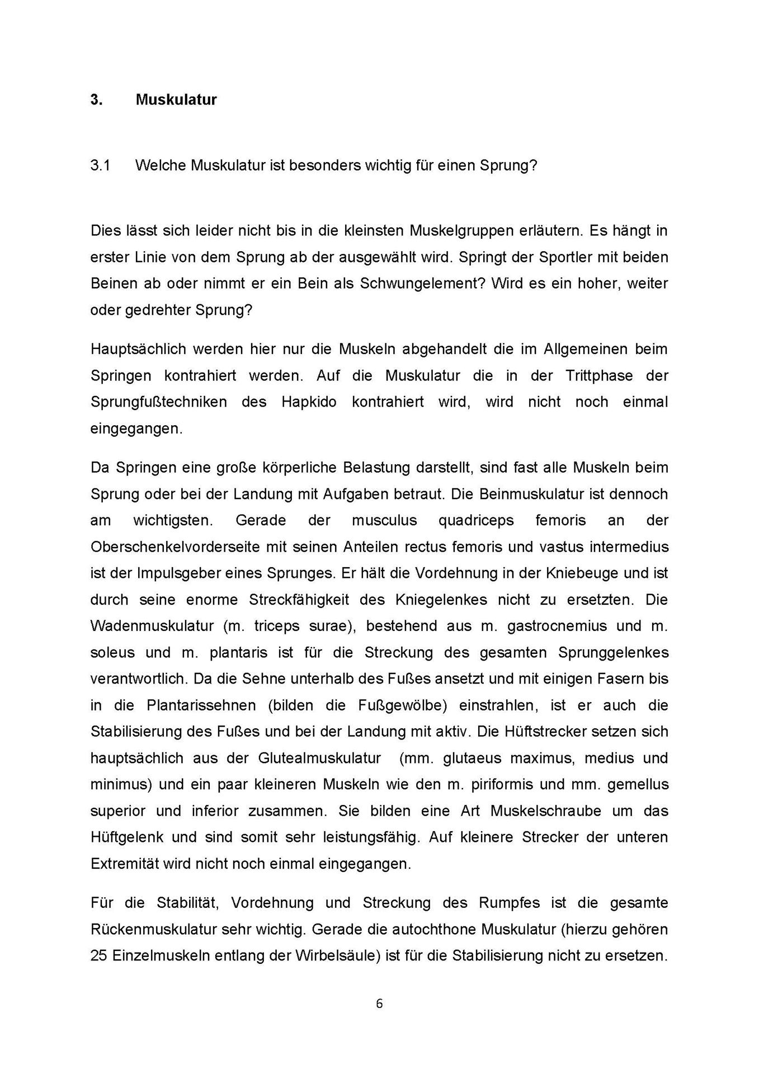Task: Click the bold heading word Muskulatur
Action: pos(176,100)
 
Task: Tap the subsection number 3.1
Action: pos(100,166)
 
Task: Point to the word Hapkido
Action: pos(309,402)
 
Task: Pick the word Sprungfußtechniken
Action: pos(159,402)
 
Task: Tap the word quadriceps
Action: pos(476,520)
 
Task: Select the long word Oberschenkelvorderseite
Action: pos(175,547)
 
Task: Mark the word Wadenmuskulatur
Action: pos(152,626)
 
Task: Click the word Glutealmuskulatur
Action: pos(319,759)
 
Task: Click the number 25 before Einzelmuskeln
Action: pos(98,955)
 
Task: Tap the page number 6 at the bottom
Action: pos(379,1004)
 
